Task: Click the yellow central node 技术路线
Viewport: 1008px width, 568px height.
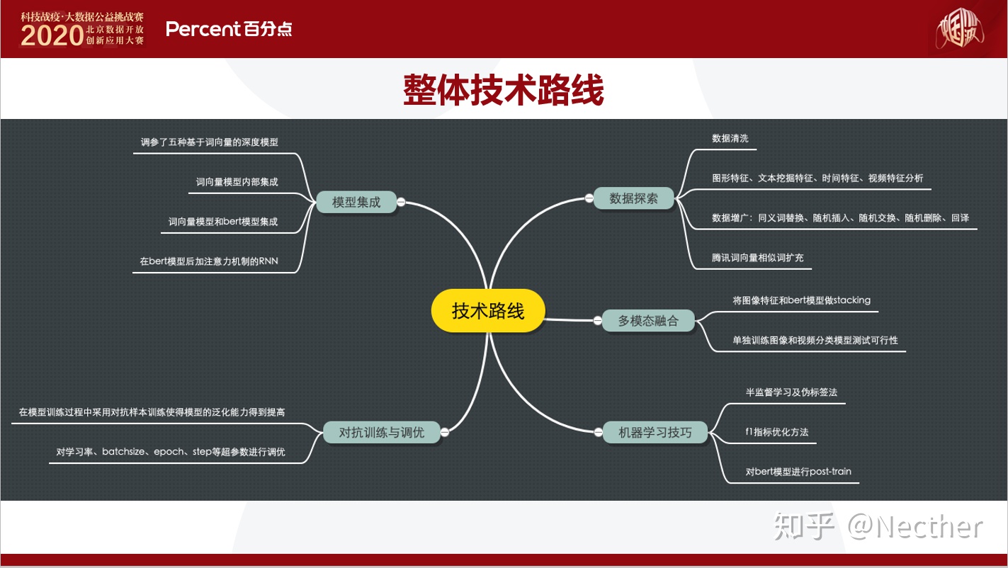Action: click(488, 311)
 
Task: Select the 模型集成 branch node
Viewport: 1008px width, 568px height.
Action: click(356, 202)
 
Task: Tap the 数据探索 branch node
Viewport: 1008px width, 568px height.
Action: click(633, 199)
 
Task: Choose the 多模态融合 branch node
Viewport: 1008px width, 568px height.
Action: click(647, 321)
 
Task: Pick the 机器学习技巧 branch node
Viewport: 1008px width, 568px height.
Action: click(655, 431)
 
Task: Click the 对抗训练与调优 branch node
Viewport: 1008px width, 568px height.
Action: click(381, 431)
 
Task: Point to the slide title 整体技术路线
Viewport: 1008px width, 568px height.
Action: click(503, 91)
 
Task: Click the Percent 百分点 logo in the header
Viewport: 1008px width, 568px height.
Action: click(228, 29)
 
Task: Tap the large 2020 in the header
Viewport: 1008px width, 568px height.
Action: click(52, 36)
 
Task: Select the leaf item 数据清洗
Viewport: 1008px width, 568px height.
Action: click(730, 139)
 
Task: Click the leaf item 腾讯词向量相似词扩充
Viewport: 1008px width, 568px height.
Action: click(757, 258)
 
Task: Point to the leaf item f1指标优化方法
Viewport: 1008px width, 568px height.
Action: click(776, 431)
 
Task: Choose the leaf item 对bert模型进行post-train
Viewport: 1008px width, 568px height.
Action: click(798, 471)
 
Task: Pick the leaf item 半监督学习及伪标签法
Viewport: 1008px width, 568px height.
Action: click(791, 392)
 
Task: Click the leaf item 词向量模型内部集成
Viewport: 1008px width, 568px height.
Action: click(237, 182)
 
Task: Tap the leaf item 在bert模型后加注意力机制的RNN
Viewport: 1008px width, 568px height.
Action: click(209, 261)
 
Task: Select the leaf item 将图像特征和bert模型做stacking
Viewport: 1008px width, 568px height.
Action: click(801, 300)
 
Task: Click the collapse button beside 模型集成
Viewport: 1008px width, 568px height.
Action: click(401, 202)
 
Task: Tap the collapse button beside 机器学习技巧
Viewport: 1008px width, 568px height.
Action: click(597, 431)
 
